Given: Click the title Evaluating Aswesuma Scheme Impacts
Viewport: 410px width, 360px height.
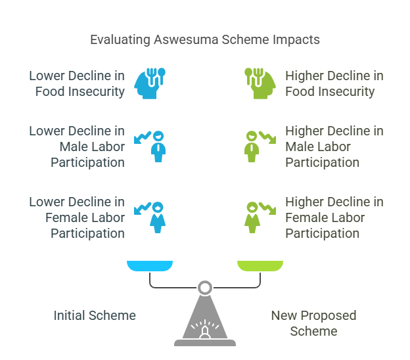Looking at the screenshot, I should click(x=205, y=39).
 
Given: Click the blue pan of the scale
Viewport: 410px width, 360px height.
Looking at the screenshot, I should click(x=150, y=266).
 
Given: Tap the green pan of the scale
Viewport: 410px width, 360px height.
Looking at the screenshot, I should click(x=260, y=266).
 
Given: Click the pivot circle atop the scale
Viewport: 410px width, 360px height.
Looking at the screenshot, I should click(x=205, y=287).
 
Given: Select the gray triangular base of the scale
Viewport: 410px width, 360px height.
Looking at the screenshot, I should click(x=205, y=322).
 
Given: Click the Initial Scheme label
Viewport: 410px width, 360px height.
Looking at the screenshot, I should click(x=95, y=315).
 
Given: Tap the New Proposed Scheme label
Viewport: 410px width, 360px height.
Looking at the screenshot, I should click(x=313, y=323).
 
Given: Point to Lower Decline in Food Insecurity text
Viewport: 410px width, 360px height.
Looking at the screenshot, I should click(x=77, y=83).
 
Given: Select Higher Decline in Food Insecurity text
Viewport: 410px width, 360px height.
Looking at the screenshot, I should click(x=334, y=83).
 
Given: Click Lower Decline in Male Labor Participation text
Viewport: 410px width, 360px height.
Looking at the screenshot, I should click(x=77, y=146).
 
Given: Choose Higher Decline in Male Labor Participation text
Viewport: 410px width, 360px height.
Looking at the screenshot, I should click(x=334, y=146).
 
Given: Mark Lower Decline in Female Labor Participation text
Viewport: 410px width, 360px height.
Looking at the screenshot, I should click(x=77, y=217).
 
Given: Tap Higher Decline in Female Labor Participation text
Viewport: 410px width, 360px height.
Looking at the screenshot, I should click(x=334, y=217).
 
